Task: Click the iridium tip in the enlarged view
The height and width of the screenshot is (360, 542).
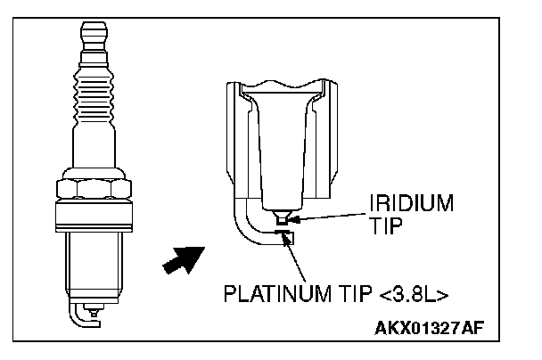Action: click(x=282, y=217)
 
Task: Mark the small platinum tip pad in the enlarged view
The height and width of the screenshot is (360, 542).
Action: click(x=283, y=234)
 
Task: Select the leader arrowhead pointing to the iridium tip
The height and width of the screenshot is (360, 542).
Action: click(x=293, y=217)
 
